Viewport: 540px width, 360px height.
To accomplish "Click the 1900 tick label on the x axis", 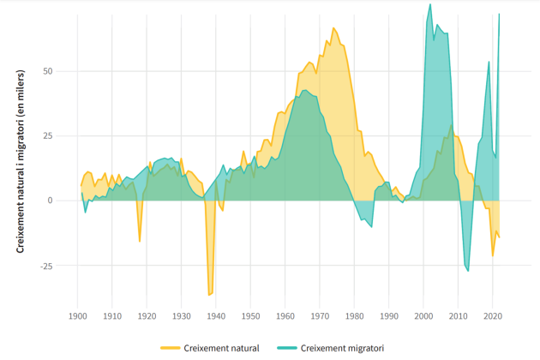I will [x=77, y=316].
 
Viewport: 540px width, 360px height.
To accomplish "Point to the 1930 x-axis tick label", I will [x=181, y=316].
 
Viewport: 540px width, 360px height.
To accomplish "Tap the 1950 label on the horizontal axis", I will [x=250, y=316].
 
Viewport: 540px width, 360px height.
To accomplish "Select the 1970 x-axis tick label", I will [x=320, y=316].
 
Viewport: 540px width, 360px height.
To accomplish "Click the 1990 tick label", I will [x=388, y=316].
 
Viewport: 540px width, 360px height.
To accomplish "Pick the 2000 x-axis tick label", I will [x=423, y=316].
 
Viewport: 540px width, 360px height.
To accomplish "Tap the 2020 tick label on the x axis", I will [x=492, y=316].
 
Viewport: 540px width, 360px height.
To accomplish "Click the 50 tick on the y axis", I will [x=47, y=70].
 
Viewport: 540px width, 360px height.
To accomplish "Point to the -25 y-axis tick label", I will [x=45, y=266].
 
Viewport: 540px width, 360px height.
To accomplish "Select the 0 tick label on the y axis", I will [x=50, y=201].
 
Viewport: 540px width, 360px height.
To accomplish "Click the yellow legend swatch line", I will [x=171, y=348].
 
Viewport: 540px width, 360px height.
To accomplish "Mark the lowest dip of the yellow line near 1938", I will [x=209, y=295].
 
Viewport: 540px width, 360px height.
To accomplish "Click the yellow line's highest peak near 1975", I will [x=333, y=28].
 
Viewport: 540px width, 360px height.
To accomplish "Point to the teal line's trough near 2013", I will [x=468, y=271].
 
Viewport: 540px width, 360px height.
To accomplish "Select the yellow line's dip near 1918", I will [x=140, y=241].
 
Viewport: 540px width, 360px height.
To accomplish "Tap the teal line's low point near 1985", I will [x=371, y=227].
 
